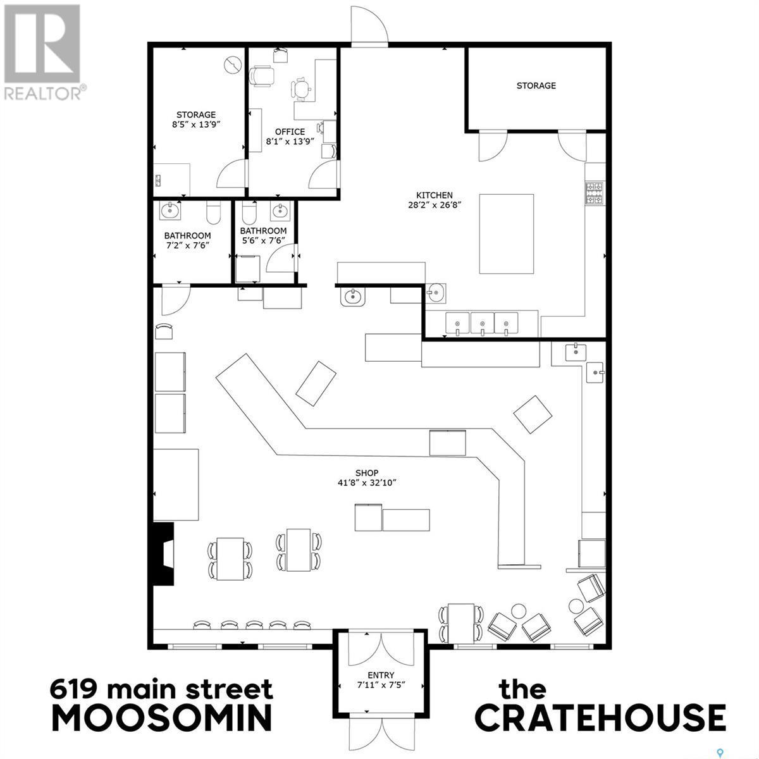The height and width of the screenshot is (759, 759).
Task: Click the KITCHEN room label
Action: pos(434,195)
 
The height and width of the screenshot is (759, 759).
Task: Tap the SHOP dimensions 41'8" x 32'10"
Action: pos(367,483)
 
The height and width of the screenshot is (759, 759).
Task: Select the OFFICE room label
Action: pos(290,132)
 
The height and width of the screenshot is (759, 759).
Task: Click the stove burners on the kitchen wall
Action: pos(594,193)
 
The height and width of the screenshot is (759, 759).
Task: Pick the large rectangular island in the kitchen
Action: pos(506,233)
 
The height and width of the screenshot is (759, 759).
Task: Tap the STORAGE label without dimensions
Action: pos(536,85)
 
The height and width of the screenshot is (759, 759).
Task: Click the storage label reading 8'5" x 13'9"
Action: pos(196,125)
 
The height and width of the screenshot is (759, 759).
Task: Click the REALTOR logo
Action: pos(42,51)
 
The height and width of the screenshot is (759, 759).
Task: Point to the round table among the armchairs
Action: pos(519,611)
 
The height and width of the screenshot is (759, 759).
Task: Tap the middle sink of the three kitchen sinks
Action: pos(482,323)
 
